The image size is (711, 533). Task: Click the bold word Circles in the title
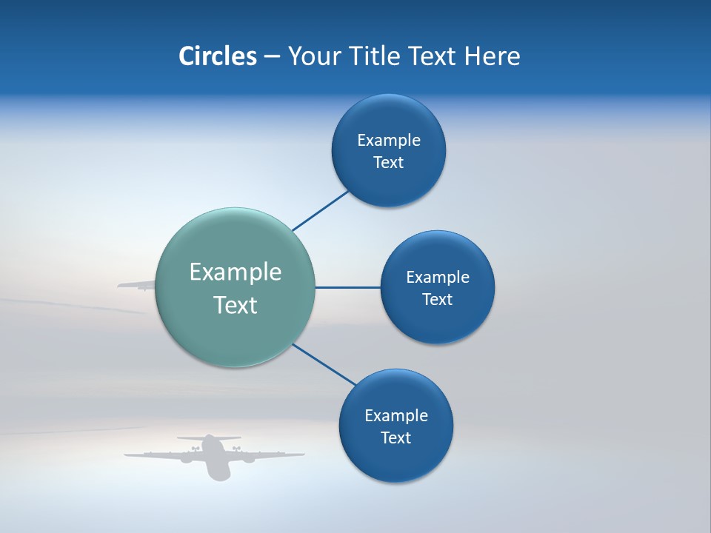tap(217, 56)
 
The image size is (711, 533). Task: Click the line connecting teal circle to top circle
tap(321, 210)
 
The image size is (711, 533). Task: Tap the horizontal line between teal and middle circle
tap(347, 287)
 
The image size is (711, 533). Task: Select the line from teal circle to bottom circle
tap(324, 364)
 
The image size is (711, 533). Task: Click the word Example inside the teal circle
tap(236, 272)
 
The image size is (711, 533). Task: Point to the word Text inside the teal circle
tap(236, 305)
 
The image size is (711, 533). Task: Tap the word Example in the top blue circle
tap(388, 141)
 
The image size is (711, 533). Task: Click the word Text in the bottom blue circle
tap(395, 438)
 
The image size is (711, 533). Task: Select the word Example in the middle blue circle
tap(437, 278)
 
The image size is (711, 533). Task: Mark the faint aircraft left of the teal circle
tap(137, 284)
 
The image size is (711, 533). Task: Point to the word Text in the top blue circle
tap(388, 163)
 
